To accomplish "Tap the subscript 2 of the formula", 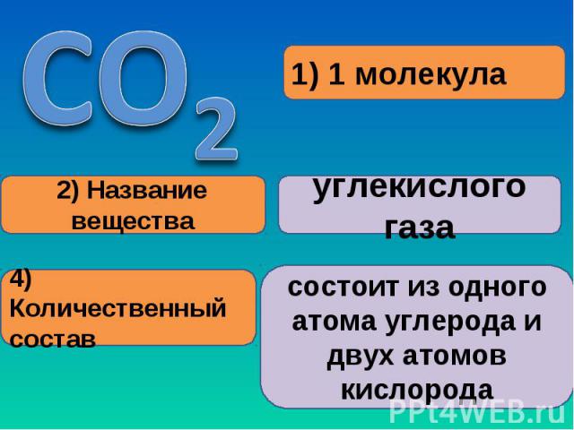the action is [x=216, y=129].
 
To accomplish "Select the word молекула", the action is [x=430, y=75].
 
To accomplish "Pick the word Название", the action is [x=147, y=191].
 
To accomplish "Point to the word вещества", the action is [x=133, y=221].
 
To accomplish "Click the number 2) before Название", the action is [x=67, y=191].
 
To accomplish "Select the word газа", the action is [x=420, y=229].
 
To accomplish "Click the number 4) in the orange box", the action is [x=21, y=280].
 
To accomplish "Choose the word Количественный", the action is [x=117, y=308].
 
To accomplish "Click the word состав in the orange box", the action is [x=53, y=340].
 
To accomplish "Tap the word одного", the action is [x=498, y=288].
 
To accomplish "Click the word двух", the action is [x=361, y=357].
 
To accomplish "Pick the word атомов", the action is [x=455, y=357].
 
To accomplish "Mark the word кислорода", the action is [x=417, y=391].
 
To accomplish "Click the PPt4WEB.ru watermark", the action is [x=477, y=412].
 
